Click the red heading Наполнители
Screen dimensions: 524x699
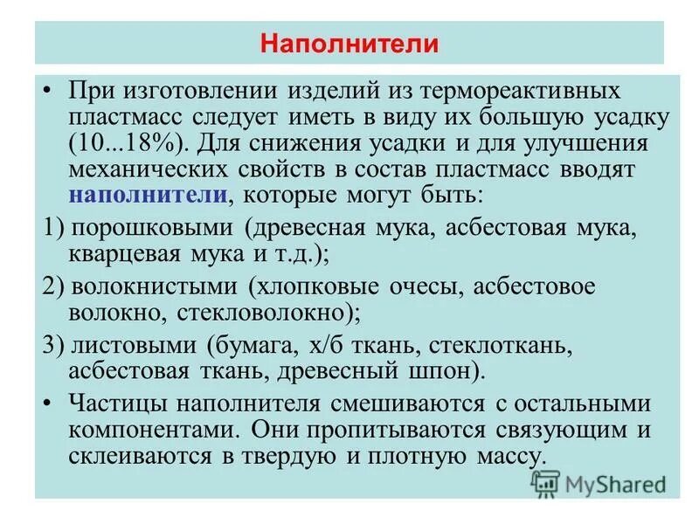pos(349,43)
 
